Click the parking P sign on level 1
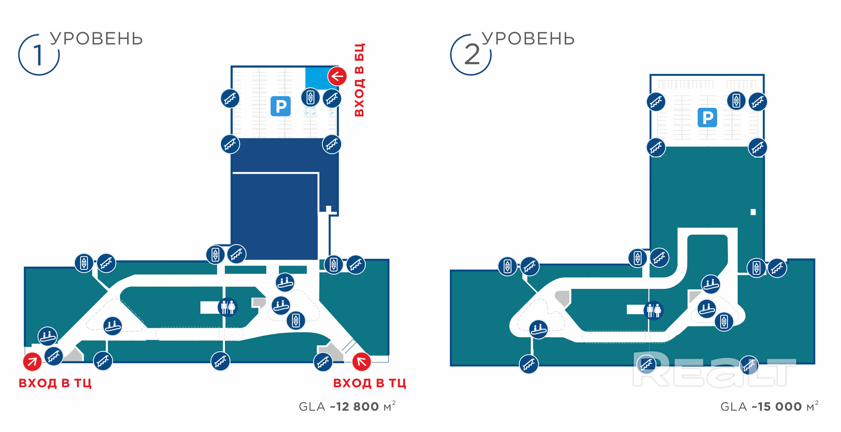281,106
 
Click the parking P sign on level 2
707,117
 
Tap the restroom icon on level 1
228,307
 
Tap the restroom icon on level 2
654,310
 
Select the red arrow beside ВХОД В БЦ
337,76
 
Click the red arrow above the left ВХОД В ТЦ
32,361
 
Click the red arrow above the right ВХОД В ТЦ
361,361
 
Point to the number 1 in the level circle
38,55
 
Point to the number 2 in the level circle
472,55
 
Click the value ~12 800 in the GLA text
354,407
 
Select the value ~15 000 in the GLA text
776,407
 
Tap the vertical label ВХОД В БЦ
359,80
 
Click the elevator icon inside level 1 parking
310,97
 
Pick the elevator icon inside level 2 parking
736,100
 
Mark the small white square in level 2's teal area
753,212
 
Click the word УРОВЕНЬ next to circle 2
528,39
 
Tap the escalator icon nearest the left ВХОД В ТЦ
48,336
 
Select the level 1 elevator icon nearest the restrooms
296,320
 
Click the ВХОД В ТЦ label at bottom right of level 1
370,383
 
